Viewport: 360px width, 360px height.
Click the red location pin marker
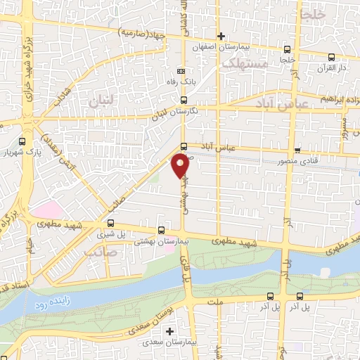click(x=180, y=166)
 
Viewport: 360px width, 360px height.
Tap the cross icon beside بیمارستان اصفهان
click(x=221, y=35)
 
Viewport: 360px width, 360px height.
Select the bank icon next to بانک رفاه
click(x=181, y=72)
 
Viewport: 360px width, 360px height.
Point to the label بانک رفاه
click(x=181, y=82)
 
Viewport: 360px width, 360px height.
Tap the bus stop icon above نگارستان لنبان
click(x=184, y=101)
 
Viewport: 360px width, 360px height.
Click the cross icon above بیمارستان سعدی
click(x=169, y=330)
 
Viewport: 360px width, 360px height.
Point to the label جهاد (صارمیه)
click(x=143, y=32)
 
